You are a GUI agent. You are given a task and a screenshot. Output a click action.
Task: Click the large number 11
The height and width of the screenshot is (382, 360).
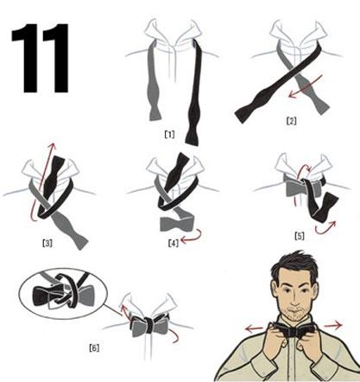(x=40, y=58)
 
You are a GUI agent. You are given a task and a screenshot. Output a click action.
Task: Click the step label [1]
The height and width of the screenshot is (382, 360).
(x=169, y=134)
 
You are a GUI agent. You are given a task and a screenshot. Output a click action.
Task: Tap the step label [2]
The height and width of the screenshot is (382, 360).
(x=291, y=121)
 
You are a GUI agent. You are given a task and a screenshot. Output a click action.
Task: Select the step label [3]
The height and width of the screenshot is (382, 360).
(x=47, y=244)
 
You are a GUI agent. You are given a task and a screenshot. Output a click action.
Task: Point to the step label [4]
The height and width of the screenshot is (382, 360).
(x=174, y=244)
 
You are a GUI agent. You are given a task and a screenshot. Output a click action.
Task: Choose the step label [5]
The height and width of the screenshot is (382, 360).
(x=300, y=236)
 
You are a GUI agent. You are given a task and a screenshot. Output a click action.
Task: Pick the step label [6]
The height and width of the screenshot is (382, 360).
(x=94, y=348)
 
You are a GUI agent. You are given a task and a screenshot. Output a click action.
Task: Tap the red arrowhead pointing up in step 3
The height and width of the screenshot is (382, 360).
(x=52, y=146)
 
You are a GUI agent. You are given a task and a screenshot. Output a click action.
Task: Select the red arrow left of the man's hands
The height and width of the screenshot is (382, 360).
(x=254, y=328)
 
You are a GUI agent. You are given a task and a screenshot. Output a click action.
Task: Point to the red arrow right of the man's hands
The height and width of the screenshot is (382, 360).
(x=333, y=326)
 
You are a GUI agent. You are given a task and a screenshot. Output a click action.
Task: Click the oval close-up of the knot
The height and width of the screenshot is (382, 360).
(x=63, y=293)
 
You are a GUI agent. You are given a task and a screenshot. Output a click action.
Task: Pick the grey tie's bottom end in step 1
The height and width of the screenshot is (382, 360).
(x=155, y=114)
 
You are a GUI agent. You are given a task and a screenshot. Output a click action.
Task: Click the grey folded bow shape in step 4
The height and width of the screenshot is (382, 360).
(x=177, y=224)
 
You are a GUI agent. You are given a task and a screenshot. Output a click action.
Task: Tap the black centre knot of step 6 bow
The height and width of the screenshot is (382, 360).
(x=148, y=326)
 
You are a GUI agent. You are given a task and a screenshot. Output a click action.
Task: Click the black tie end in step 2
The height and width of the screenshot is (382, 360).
(x=244, y=115)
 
